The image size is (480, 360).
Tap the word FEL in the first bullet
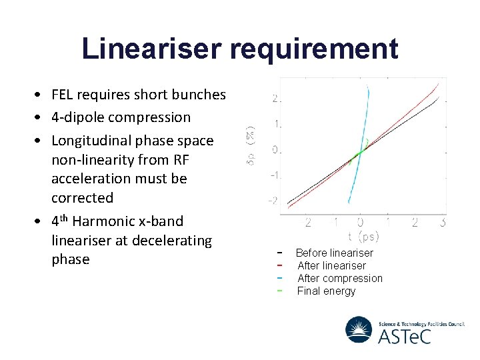click(63, 95)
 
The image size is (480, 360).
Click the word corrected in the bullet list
click(83, 198)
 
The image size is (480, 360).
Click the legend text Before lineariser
click(334, 253)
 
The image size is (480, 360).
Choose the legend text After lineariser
click(331, 265)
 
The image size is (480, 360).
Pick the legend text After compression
click(339, 278)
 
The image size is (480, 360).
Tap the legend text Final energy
click(326, 291)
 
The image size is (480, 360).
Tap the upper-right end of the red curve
click(436, 85)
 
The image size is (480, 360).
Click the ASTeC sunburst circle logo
click(359, 329)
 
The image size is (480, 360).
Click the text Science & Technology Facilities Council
click(421, 324)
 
